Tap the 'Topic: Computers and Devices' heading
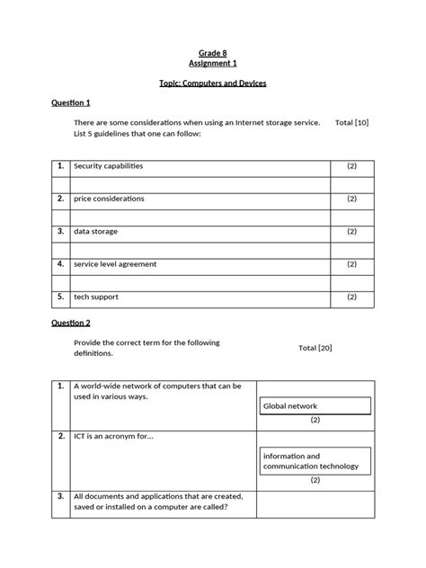point(211,83)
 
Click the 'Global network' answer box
point(315,406)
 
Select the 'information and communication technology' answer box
point(315,461)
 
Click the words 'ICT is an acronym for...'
point(114,437)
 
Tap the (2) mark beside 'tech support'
point(351,297)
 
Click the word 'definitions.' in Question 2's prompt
point(100,353)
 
